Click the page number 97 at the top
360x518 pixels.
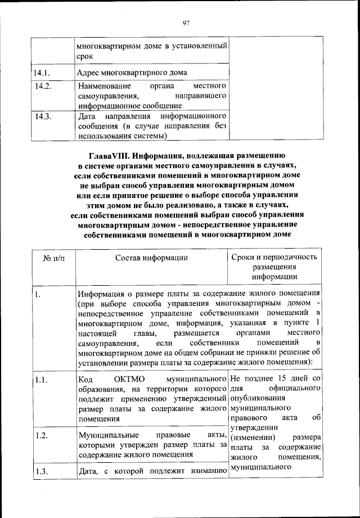[x=187, y=22]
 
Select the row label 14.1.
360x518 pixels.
[x=42, y=73]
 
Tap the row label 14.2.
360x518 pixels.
[x=43, y=87]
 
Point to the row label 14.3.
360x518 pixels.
[x=43, y=116]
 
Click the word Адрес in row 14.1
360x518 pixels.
[x=90, y=73]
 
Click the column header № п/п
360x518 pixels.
[x=53, y=258]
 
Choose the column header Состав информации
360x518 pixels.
[x=151, y=258]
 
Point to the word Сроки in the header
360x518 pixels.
[x=244, y=257]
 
